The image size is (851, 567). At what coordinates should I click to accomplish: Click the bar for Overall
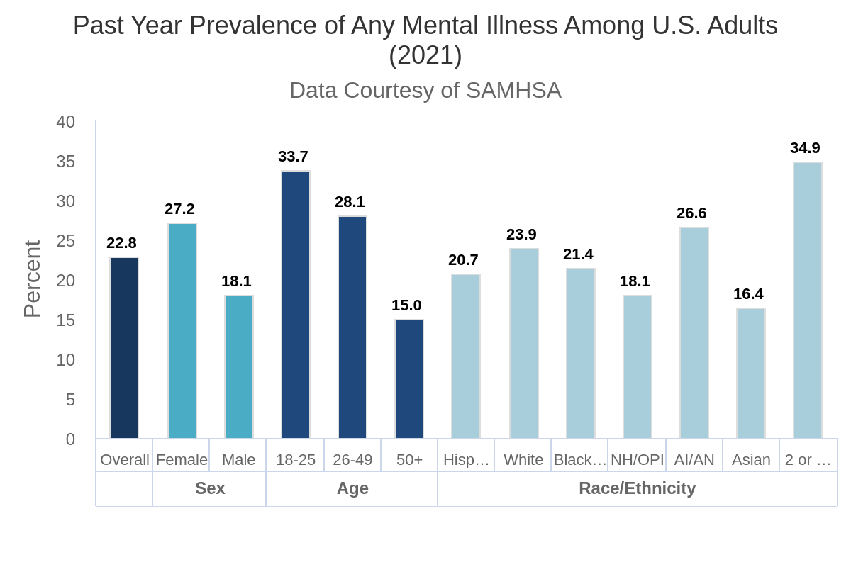124,348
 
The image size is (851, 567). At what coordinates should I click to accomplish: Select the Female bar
182,331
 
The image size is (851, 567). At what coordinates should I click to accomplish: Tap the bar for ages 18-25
296,305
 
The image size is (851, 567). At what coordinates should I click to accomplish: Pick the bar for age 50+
409,379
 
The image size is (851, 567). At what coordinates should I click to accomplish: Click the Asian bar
751,374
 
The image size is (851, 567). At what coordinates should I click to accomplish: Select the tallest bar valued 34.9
808,301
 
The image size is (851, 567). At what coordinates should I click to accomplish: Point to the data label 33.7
293,157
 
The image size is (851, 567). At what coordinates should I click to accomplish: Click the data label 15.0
406,305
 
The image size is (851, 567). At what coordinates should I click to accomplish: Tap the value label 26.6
691,213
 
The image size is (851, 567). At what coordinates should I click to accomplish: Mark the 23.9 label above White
521,235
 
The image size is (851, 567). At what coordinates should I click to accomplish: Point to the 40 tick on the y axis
66,122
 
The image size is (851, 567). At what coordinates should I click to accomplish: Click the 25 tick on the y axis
66,241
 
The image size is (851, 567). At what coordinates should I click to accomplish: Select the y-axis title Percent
33,279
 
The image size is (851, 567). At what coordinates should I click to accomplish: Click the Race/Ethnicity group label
637,488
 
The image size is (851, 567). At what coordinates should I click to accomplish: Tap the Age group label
352,488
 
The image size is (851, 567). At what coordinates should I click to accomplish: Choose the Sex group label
210,488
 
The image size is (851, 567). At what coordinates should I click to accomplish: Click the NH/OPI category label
637,460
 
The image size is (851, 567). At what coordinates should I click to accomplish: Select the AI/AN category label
694,460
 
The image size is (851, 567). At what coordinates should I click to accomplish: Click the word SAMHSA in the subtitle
513,91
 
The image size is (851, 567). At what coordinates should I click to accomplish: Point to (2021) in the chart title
425,55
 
